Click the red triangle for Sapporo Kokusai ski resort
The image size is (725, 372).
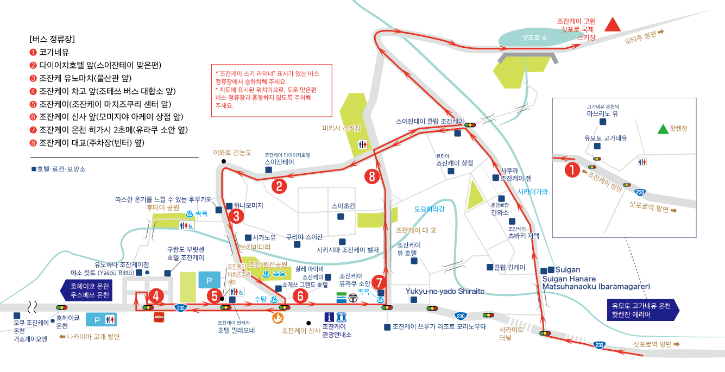click(613, 24)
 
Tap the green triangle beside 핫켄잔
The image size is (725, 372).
click(662, 129)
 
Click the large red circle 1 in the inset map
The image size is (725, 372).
click(572, 170)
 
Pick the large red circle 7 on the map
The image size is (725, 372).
click(379, 282)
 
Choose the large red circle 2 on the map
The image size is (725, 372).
click(279, 186)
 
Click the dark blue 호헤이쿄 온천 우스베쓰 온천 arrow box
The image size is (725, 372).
click(86, 291)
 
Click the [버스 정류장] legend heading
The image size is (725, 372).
click(52, 39)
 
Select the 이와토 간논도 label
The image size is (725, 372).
click(232, 153)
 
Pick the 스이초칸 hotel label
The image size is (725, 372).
click(343, 206)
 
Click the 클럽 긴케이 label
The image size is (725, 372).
click(509, 267)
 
